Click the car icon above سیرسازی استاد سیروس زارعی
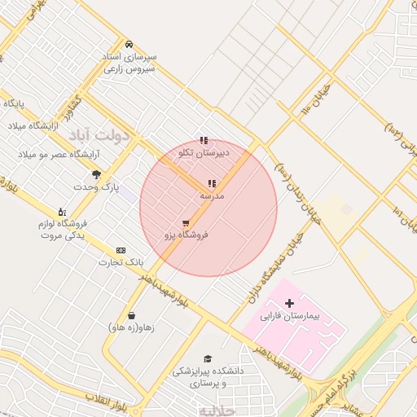[x=129, y=43]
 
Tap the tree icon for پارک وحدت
[x=97, y=174]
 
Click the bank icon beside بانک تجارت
[x=121, y=250]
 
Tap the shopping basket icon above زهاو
[x=131, y=315]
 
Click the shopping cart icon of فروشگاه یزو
[x=187, y=222]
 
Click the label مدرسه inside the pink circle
[x=212, y=196]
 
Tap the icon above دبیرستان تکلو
[x=204, y=140]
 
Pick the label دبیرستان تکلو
[x=204, y=152]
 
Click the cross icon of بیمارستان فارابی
[x=289, y=303]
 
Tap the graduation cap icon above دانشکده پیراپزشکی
[x=207, y=358]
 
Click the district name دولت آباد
[x=100, y=134]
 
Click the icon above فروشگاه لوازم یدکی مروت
[x=61, y=212]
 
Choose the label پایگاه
[x=15, y=104]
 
